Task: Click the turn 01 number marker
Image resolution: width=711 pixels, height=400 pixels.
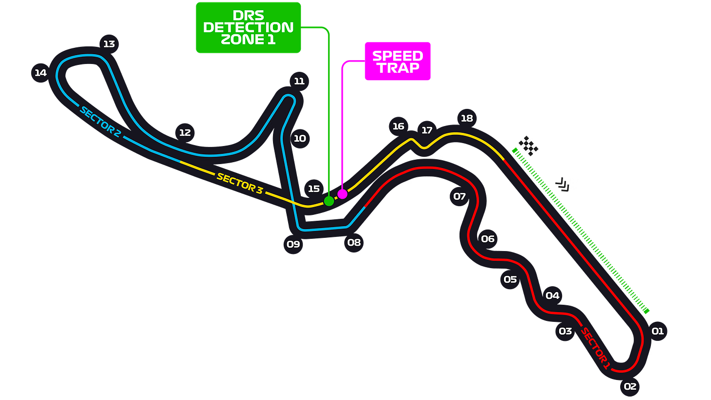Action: (658, 331)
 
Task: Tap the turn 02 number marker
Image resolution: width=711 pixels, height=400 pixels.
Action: (630, 387)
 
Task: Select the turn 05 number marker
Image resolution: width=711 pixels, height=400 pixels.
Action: (510, 280)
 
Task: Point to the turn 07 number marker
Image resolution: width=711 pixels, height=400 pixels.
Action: (460, 197)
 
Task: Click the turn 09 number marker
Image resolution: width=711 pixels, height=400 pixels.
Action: (293, 244)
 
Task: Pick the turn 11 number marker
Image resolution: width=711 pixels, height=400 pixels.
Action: (299, 81)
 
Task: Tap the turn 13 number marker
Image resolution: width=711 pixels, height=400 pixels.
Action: (109, 44)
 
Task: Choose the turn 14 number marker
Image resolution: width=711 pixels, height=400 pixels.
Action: (41, 73)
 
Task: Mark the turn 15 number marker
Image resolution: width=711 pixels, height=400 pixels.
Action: (314, 189)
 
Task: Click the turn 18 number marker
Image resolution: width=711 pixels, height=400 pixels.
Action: (467, 118)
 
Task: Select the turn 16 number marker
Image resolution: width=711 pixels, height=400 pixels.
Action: (398, 126)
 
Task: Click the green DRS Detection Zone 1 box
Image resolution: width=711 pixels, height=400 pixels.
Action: (249, 27)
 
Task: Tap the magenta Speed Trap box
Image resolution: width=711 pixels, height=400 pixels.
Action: (398, 62)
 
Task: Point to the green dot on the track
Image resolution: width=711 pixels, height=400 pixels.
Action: (329, 201)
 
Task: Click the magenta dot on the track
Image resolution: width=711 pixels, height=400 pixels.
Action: (342, 194)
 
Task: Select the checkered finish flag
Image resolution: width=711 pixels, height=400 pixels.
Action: (528, 146)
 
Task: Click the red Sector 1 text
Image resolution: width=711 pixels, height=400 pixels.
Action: (595, 348)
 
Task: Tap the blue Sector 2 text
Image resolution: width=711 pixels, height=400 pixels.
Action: (100, 122)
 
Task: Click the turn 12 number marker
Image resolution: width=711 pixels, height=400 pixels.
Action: (185, 132)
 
